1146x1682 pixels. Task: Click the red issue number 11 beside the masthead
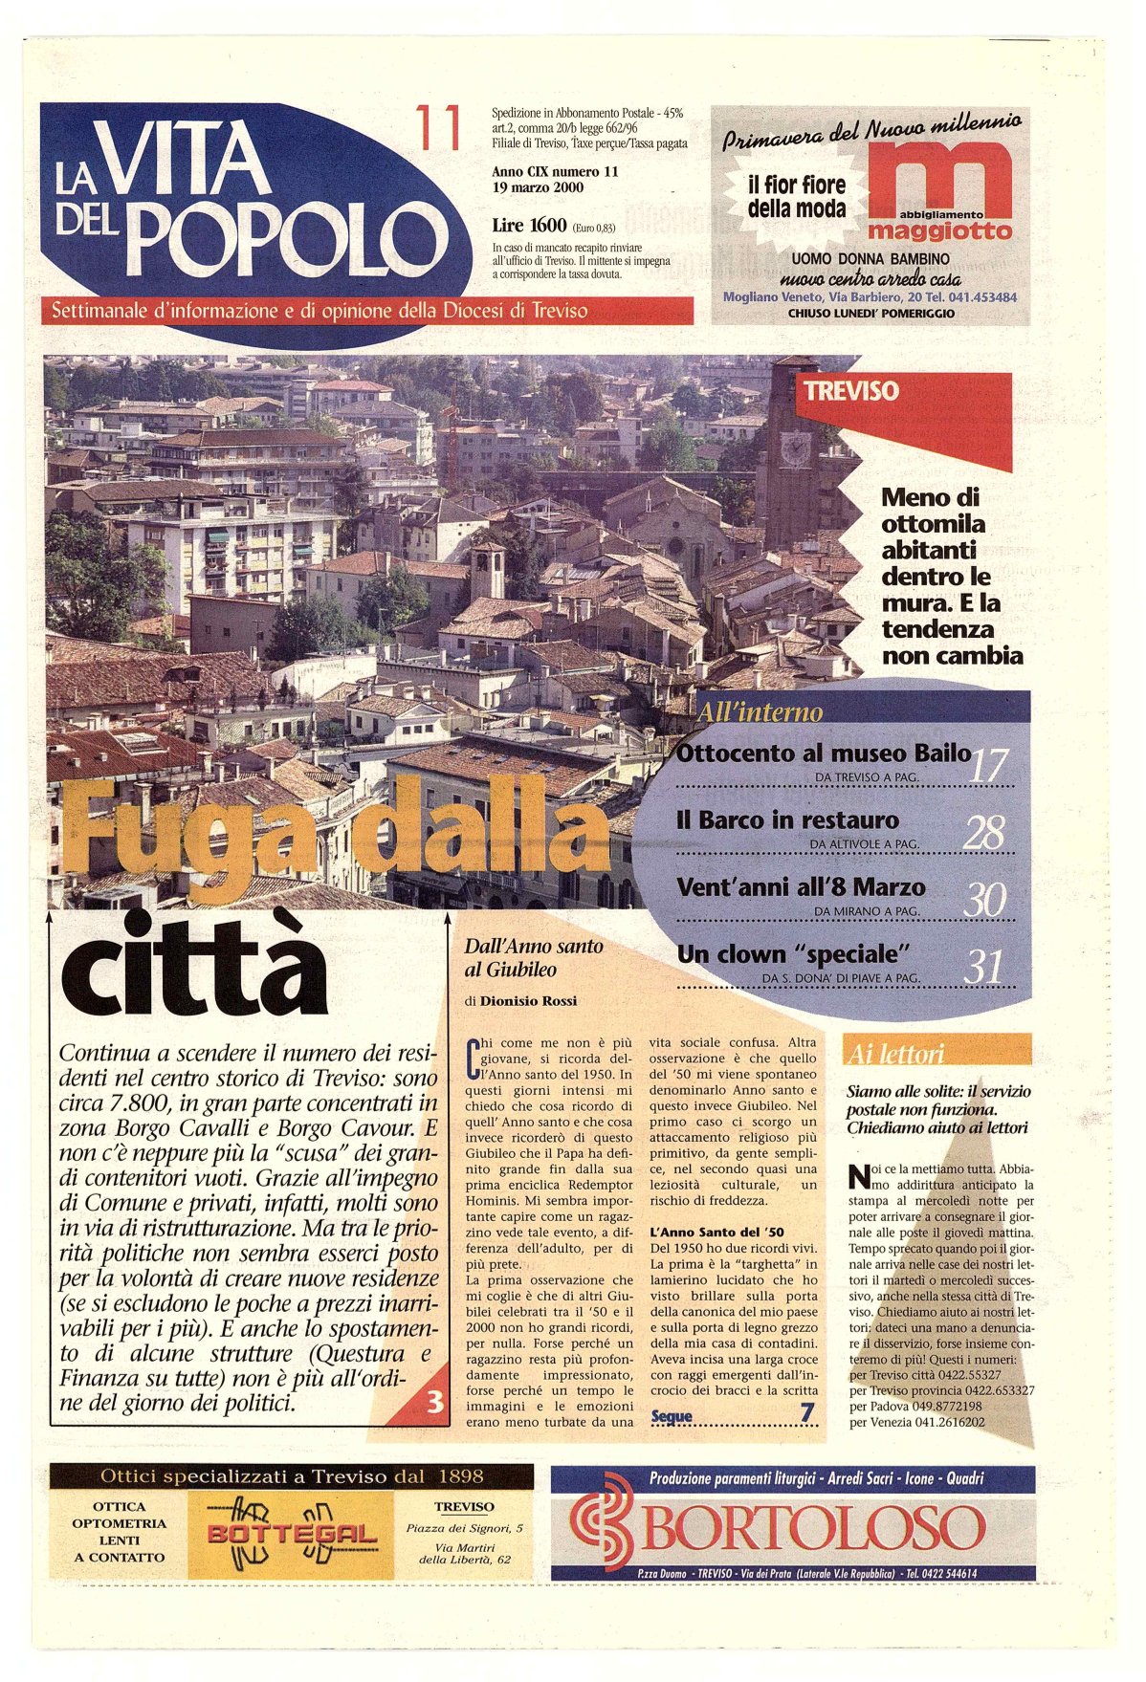438,128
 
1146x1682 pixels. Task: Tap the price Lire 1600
529,226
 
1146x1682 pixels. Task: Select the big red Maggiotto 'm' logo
939,182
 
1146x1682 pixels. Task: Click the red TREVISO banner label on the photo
851,391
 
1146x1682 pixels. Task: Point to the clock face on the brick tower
795,447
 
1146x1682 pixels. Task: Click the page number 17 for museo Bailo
988,767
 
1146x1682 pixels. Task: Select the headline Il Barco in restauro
787,820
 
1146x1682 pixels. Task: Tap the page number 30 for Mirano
984,901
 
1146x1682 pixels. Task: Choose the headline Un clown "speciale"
791,954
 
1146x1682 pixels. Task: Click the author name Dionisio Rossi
528,1001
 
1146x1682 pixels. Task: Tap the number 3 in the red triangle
435,1402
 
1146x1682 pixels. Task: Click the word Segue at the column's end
672,1417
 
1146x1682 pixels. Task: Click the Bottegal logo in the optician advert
291,1535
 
